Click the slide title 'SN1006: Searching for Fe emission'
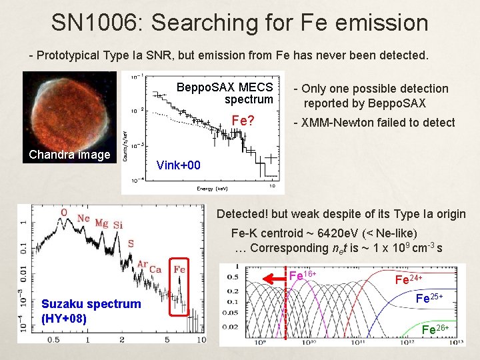(x=240, y=23)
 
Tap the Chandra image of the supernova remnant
(x=69, y=110)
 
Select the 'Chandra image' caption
(x=69, y=155)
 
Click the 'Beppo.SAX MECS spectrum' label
(x=225, y=93)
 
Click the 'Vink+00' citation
(x=178, y=165)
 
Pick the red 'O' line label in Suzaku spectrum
(x=64, y=213)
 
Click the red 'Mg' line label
(x=101, y=223)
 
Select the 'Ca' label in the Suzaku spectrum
(x=156, y=269)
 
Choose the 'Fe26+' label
(x=437, y=329)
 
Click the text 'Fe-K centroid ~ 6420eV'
(x=299, y=233)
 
